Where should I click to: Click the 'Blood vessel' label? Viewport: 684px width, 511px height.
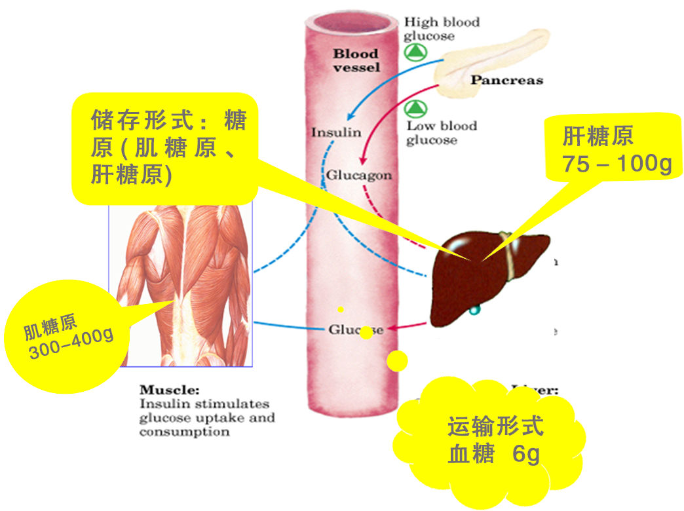pos(356,60)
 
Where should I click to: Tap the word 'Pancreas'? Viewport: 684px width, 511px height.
pos(506,81)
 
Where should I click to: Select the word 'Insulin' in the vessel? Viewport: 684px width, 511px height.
pos(336,132)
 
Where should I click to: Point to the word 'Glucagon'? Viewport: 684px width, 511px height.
pos(359,176)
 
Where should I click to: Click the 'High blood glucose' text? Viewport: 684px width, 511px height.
pos(441,29)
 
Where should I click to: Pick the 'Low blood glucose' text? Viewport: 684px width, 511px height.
pos(441,132)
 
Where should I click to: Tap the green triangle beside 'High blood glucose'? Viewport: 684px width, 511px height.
pos(413,52)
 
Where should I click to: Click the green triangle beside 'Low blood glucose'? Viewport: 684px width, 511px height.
pos(414,108)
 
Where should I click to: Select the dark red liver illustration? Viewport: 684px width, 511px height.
pos(485,275)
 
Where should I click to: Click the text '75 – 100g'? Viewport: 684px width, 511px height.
pos(617,164)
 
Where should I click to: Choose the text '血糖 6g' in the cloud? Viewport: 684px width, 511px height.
pos(494,454)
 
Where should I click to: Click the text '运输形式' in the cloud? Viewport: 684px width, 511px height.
pos(495,427)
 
